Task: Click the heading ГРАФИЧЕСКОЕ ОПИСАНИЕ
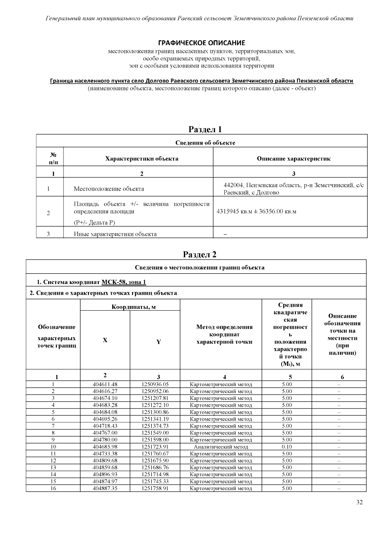[202, 43]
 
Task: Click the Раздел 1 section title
[205, 129]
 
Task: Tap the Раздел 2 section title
[200, 255]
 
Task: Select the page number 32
[359, 502]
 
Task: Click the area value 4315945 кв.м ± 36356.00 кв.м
[256, 211]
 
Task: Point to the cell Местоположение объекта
[109, 189]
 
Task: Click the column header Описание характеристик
[293, 159]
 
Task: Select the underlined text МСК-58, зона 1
[124, 282]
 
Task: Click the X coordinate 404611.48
[105, 384]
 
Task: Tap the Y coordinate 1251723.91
[155, 447]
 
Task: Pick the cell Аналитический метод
[221, 447]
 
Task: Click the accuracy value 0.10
[287, 447]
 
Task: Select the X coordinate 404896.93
[105, 475]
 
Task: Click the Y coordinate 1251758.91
[155, 489]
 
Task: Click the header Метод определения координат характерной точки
[224, 334]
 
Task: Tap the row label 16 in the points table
[53, 489]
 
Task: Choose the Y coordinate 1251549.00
[155, 433]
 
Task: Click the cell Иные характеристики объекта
[115, 234]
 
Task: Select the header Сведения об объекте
[205, 143]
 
